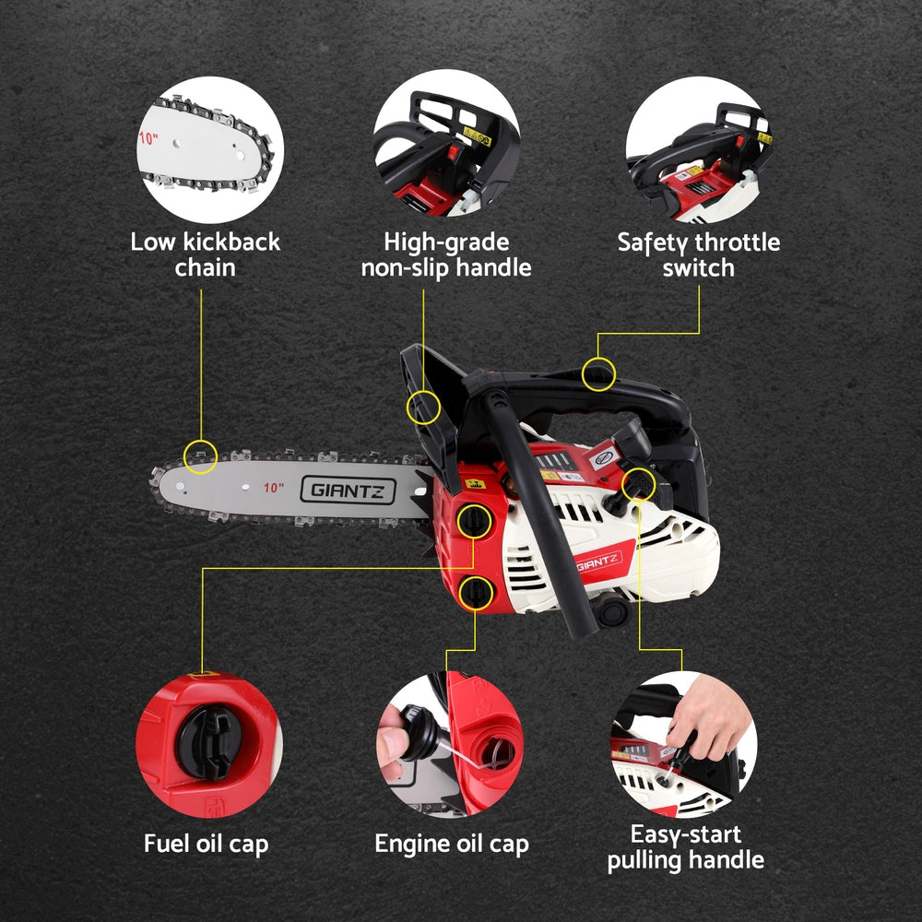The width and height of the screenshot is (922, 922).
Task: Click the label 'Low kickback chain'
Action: [205, 255]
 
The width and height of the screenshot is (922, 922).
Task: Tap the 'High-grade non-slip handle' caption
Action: [446, 255]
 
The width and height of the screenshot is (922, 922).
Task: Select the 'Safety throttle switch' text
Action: [698, 255]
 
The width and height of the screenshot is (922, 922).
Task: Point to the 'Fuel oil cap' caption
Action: [207, 844]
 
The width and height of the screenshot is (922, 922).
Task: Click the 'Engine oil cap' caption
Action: [452, 844]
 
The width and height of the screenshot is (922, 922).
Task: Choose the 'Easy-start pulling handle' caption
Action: [684, 847]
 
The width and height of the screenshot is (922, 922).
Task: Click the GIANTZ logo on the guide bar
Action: [347, 490]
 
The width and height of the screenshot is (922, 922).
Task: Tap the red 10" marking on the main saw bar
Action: [273, 487]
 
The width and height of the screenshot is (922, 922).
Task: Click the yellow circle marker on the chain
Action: [201, 455]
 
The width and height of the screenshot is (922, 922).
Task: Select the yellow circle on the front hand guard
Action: [423, 406]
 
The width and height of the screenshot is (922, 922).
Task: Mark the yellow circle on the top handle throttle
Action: [599, 374]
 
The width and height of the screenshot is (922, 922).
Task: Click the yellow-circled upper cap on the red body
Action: [473, 521]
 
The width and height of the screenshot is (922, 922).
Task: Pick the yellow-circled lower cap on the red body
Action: [474, 591]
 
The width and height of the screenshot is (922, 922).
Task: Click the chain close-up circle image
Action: [210, 149]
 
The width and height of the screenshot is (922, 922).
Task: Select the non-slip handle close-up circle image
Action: [447, 149]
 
